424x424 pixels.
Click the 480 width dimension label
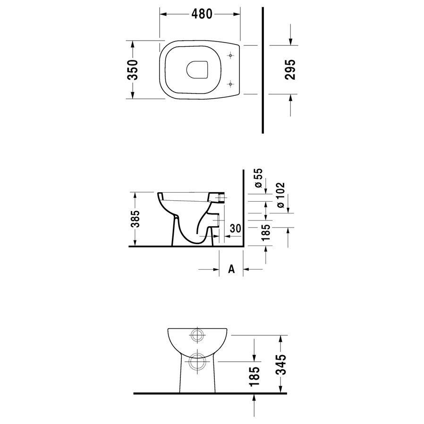pyautogui.click(x=202, y=14)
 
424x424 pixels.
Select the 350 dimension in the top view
pyautogui.click(x=133, y=70)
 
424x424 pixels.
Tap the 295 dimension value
pyautogui.click(x=290, y=69)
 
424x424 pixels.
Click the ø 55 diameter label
pyautogui.click(x=258, y=178)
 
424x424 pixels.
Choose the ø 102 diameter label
pyautogui.click(x=280, y=195)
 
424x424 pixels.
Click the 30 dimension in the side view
pyautogui.click(x=235, y=229)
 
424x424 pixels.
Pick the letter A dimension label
pyautogui.click(x=231, y=269)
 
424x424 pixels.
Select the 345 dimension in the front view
pyautogui.click(x=281, y=364)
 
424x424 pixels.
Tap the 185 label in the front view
pyautogui.click(x=254, y=376)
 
